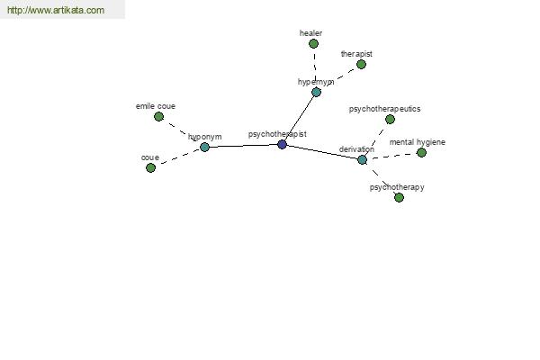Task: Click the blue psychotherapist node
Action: (x=282, y=145)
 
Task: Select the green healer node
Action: (x=313, y=44)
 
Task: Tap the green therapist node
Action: (x=361, y=65)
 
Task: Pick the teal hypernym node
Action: (x=316, y=93)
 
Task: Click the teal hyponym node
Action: (x=204, y=148)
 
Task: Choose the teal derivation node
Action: (x=363, y=160)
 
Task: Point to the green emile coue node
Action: (x=158, y=117)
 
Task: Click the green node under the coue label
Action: (x=151, y=168)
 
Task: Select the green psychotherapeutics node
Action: (x=391, y=120)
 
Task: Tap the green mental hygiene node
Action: (x=421, y=153)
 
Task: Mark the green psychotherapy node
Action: (x=399, y=198)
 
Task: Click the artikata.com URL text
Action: (x=56, y=10)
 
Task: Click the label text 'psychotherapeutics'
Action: (x=384, y=109)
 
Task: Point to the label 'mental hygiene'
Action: (x=418, y=142)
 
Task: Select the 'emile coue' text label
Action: (x=156, y=106)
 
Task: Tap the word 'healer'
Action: (x=311, y=33)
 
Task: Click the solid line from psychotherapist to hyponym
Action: (x=244, y=146)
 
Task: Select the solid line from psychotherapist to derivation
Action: (x=322, y=152)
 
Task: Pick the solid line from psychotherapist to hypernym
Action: (x=299, y=119)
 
